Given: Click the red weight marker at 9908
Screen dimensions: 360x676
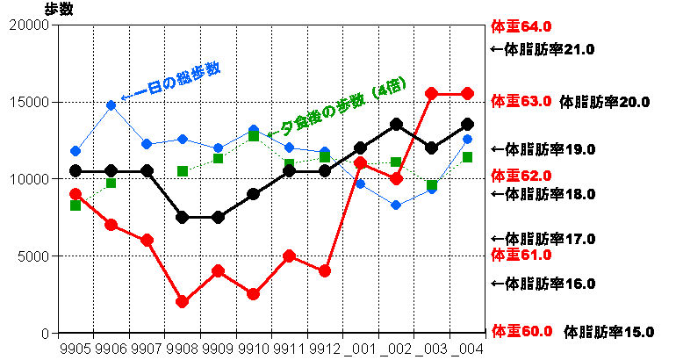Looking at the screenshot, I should pos(183,302).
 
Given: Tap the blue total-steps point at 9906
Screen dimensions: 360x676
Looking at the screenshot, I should pos(111,105).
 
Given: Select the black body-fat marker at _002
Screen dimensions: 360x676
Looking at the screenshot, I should pos(396,125).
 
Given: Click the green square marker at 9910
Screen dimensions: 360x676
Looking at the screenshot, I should pos(254,136).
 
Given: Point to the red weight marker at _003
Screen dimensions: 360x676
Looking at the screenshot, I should pos(432,93).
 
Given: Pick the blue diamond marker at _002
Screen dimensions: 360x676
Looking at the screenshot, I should pos(396,205).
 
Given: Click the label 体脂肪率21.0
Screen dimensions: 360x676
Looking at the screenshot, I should pos(541,49).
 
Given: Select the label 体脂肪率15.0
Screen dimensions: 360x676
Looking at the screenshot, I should pos(608,332).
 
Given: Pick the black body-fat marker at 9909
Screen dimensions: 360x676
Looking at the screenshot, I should pos(218,218).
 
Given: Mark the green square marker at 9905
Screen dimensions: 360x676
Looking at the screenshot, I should pos(76,205).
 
